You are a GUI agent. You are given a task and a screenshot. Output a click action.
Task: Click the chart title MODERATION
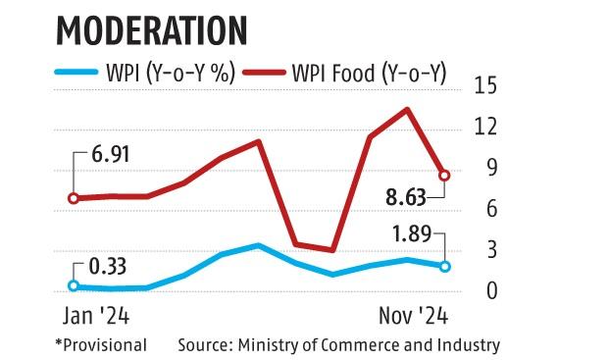pyautogui.click(x=151, y=28)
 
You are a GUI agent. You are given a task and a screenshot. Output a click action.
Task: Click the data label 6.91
pyautogui.click(x=110, y=155)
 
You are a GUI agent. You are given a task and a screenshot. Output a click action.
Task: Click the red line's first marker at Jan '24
pyautogui.click(x=74, y=198)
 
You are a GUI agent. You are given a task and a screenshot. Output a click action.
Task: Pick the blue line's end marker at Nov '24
pyautogui.click(x=445, y=266)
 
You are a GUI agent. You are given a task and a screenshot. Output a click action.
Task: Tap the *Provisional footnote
pyautogui.click(x=101, y=345)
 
